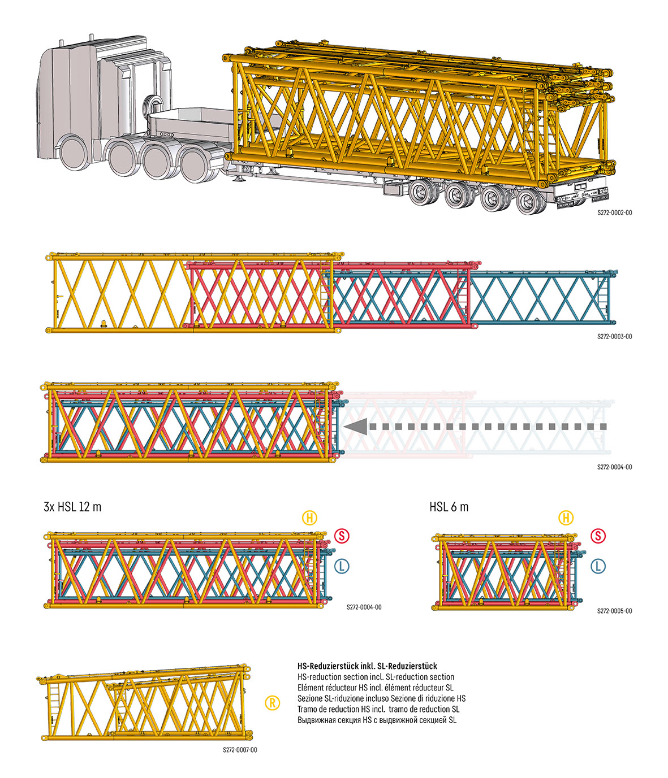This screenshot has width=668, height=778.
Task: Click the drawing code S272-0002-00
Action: (614, 214)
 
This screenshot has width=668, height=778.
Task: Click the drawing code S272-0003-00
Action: (614, 337)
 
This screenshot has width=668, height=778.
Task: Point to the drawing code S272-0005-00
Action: (614, 611)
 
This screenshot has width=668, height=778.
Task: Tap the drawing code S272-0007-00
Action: (240, 750)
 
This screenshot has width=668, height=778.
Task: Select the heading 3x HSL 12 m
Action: (72, 507)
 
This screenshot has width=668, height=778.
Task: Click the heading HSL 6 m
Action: (449, 507)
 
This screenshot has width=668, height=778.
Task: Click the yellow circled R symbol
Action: (272, 703)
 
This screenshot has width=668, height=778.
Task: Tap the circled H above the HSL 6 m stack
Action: (566, 518)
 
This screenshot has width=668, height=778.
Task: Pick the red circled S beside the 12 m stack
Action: (341, 536)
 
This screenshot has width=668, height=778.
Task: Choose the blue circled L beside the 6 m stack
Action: (598, 566)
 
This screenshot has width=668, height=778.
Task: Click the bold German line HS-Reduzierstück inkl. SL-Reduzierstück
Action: (367, 666)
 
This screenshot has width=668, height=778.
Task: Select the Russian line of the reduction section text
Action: (377, 720)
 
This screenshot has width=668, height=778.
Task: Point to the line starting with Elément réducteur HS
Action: (375, 688)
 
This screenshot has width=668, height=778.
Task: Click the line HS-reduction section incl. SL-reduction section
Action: (376, 677)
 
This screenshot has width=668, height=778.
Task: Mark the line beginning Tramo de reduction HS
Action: (378, 709)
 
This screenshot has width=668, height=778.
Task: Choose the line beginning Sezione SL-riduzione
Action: (381, 698)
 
